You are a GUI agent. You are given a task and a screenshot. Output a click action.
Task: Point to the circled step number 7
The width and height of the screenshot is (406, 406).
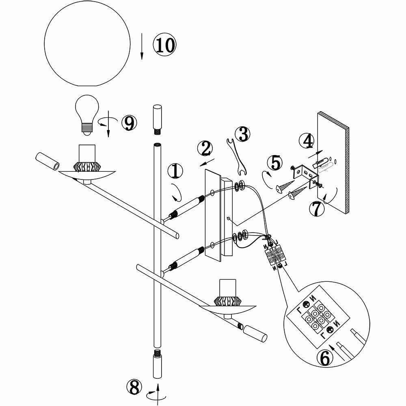pos(317,209)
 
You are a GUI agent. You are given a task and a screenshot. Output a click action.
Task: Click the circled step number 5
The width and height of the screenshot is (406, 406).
pos(276,163)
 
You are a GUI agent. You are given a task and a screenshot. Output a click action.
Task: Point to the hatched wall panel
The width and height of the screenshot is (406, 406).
pos(333,162)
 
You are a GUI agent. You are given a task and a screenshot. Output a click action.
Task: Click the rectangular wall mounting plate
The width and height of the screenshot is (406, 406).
pos(214,215)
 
